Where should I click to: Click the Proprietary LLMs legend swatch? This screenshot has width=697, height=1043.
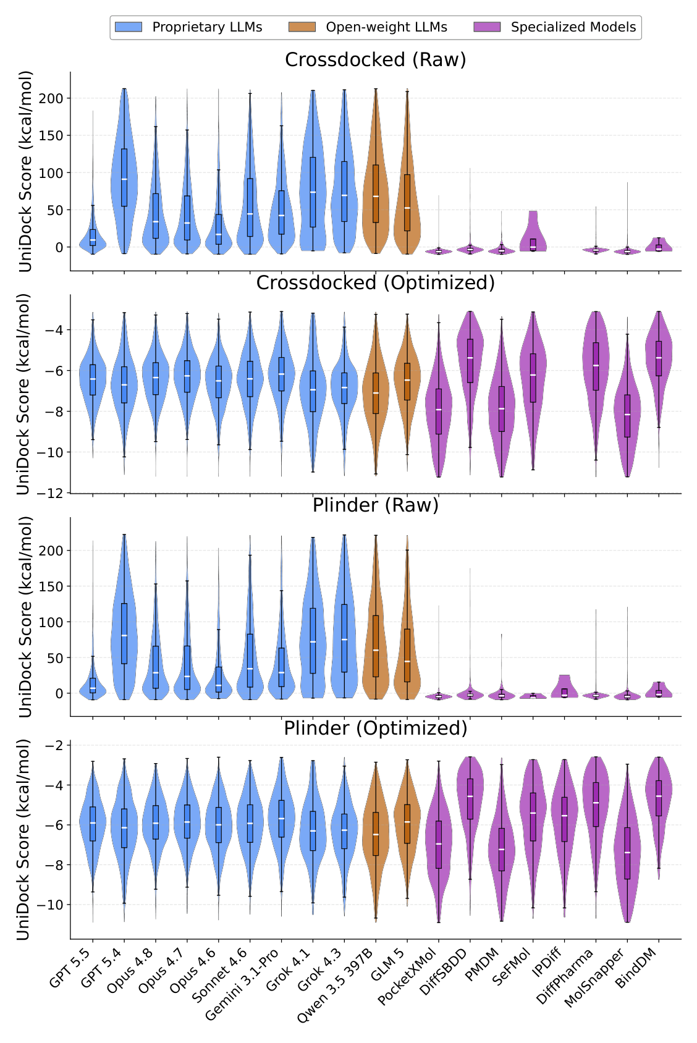click(x=129, y=27)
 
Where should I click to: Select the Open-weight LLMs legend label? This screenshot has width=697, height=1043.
click(x=386, y=27)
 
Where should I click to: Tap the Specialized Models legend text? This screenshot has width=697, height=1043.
click(x=573, y=27)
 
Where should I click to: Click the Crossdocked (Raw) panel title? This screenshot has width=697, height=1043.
click(x=375, y=59)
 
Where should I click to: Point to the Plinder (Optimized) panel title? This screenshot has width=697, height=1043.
click(x=375, y=728)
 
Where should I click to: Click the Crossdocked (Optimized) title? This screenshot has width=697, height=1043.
click(x=375, y=282)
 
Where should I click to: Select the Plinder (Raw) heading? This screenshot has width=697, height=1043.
click(x=375, y=505)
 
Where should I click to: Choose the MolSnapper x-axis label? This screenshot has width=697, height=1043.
click(x=594, y=976)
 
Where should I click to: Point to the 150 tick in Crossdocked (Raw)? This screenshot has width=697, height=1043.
click(x=51, y=135)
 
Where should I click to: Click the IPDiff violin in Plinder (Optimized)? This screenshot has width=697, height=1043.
click(x=564, y=838)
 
